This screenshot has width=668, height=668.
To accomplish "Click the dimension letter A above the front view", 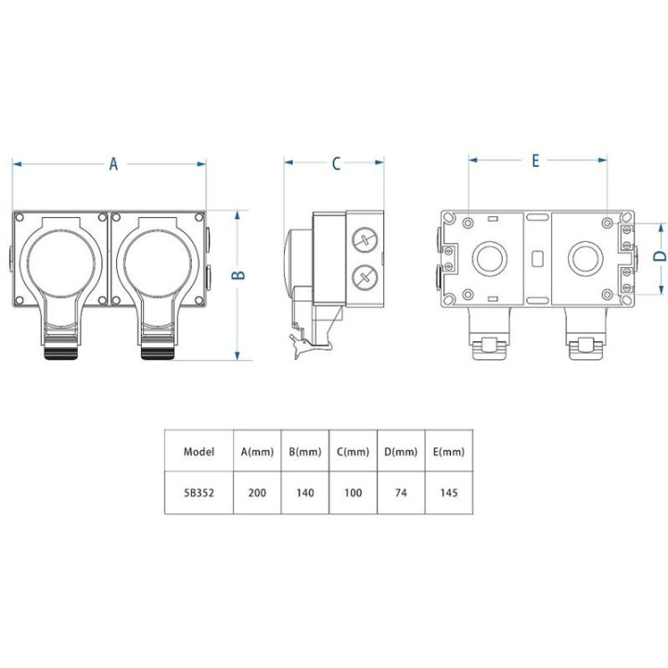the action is [x=113, y=163].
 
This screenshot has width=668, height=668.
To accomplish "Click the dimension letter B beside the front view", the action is [x=239, y=275].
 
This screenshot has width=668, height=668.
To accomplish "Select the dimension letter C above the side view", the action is [x=336, y=163].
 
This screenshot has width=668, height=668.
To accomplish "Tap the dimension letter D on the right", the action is [x=660, y=256].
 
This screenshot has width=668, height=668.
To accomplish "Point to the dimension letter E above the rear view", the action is [x=535, y=161].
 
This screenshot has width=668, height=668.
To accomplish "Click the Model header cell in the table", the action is [x=199, y=452].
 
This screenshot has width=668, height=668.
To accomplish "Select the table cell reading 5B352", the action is [x=199, y=493].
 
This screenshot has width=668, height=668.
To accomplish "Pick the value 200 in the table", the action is [x=257, y=493].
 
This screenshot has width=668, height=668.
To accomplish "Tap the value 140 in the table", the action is [x=305, y=493].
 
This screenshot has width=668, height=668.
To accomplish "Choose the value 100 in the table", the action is [x=353, y=493].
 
